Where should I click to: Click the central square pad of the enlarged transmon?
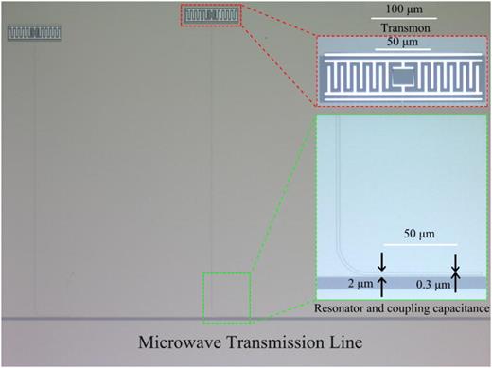pos(403,75)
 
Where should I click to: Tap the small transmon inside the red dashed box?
pos(211,15)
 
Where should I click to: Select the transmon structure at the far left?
pos(36,33)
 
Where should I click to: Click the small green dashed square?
pos(226,295)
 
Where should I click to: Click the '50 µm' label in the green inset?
pos(425,233)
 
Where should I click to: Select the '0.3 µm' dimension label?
pos(433,283)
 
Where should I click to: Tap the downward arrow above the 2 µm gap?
pos(381,261)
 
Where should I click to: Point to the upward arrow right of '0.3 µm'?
pos(456,286)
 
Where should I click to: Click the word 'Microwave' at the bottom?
pos(178,342)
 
